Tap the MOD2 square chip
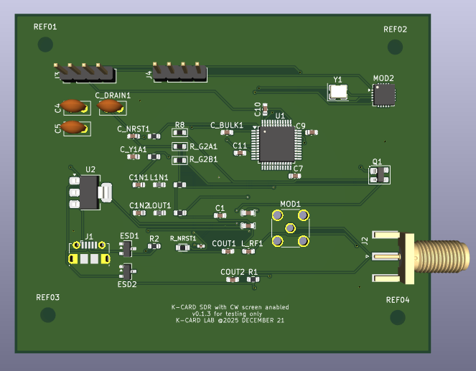(383, 94)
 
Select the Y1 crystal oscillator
(337, 91)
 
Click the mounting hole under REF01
(45, 44)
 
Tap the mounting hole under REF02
(395, 47)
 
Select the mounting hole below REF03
(48, 314)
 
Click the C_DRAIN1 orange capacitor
(111, 106)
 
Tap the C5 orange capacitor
(73, 128)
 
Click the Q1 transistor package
(378, 174)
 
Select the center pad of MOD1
(290, 228)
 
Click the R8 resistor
(179, 133)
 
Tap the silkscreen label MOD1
(290, 204)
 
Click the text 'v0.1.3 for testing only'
(230, 314)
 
